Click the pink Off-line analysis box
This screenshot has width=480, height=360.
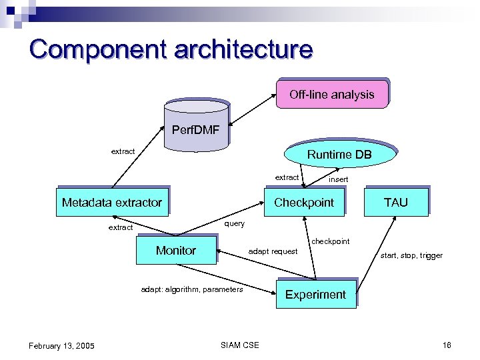pyautogui.click(x=331, y=95)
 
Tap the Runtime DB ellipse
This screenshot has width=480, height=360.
pyautogui.click(x=339, y=155)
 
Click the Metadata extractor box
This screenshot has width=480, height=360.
pyautogui.click(x=111, y=203)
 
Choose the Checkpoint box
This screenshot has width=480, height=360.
pyautogui.click(x=304, y=203)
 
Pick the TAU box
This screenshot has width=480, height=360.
pyautogui.click(x=395, y=202)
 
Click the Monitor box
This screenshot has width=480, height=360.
pyautogui.click(x=176, y=251)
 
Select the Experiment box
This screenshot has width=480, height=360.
pyautogui.click(x=315, y=295)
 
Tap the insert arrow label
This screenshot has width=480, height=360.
pyautogui.click(x=338, y=180)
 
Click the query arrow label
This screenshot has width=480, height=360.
pyautogui.click(x=234, y=223)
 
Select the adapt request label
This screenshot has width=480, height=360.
pyautogui.click(x=273, y=251)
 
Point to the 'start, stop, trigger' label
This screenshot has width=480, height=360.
pyautogui.click(x=411, y=255)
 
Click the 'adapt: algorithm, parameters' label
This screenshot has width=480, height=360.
pyautogui.click(x=192, y=289)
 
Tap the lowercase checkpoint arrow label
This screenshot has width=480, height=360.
pyautogui.click(x=330, y=241)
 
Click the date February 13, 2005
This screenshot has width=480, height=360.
pyautogui.click(x=61, y=345)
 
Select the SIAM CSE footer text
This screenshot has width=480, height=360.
pyautogui.click(x=239, y=345)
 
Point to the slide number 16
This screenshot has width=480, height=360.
pyautogui.click(x=447, y=345)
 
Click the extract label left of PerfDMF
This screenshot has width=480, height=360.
pyautogui.click(x=123, y=151)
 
